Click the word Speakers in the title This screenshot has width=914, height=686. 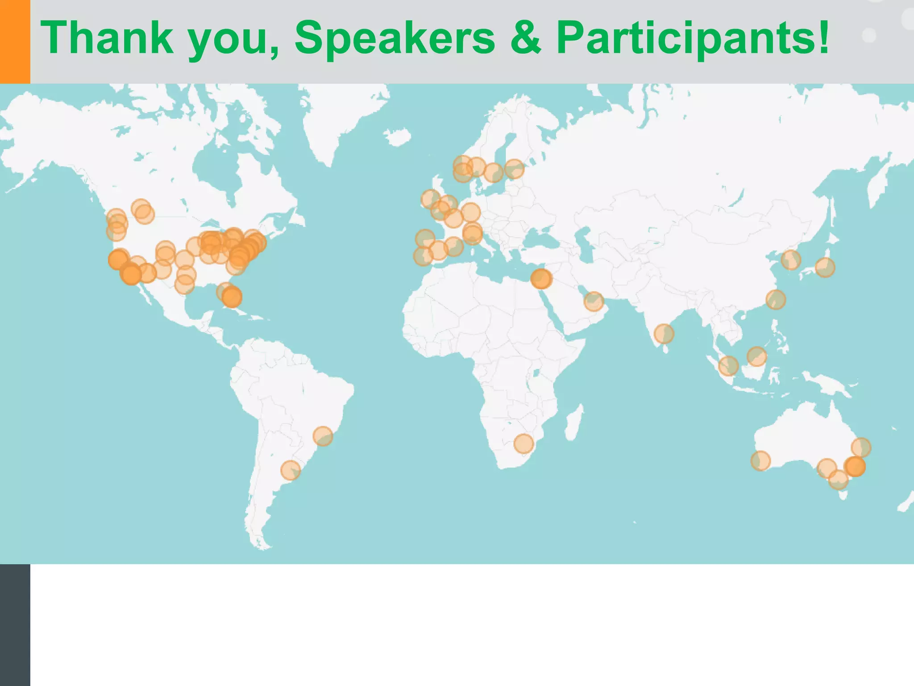(395, 38)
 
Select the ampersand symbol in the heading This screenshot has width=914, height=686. (525, 38)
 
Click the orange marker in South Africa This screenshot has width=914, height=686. (523, 443)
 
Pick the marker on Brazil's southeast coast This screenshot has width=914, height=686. (323, 436)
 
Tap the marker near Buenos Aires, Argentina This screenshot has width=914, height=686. (291, 470)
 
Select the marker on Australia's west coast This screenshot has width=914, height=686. (760, 461)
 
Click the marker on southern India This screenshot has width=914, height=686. (664, 334)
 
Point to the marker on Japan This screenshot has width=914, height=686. (825, 268)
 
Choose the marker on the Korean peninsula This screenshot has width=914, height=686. (791, 259)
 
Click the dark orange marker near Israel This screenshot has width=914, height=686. (541, 279)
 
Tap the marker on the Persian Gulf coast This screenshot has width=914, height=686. (594, 301)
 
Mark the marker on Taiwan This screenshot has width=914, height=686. (776, 299)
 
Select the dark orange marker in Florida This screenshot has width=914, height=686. (232, 297)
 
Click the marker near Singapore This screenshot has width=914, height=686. (728, 366)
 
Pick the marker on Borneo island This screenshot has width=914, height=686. (756, 356)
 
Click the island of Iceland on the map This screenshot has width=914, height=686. (397, 137)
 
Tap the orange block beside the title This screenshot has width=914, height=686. (15, 42)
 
